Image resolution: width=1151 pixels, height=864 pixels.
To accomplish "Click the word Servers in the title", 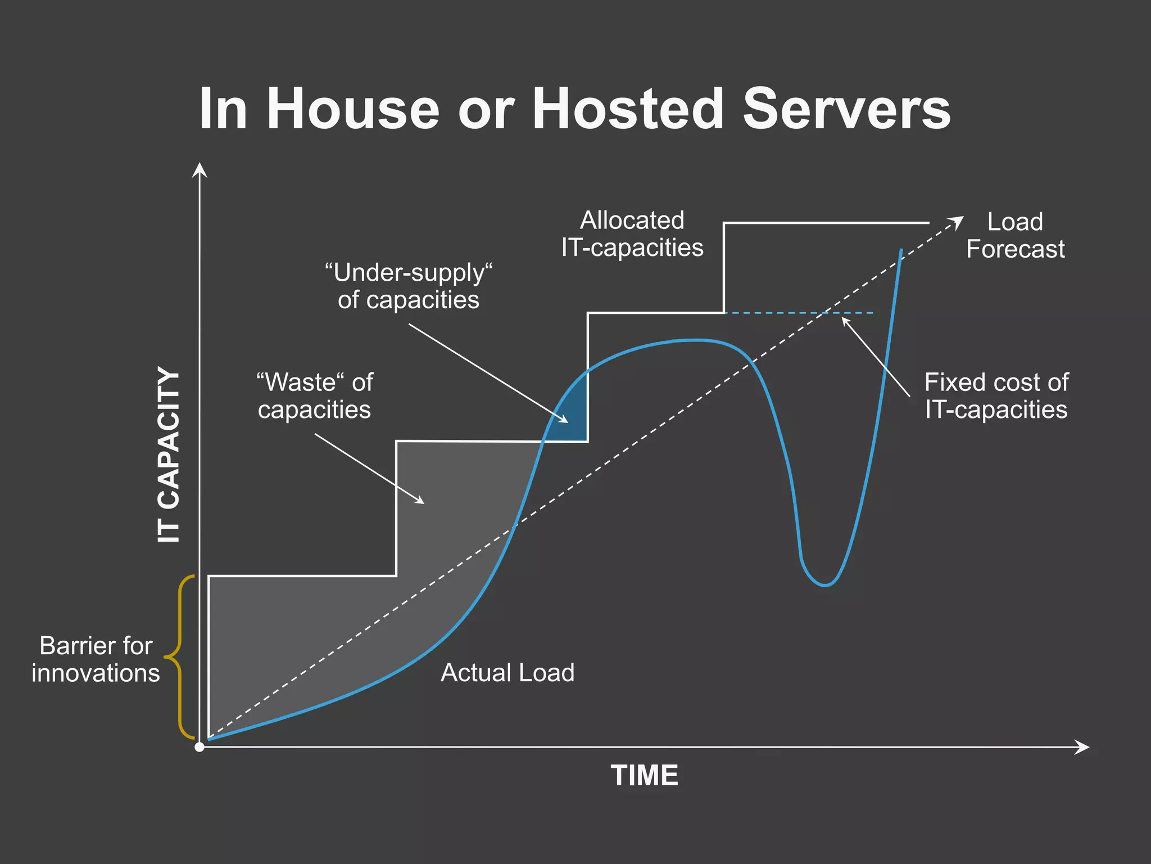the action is (846, 109).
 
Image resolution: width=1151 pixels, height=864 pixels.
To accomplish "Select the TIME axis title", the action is (645, 775).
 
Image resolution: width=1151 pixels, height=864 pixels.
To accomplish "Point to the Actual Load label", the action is (507, 673).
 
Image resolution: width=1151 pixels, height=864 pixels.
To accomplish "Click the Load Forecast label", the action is (1015, 235).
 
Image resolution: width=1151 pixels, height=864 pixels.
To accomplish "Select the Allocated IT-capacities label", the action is (632, 234).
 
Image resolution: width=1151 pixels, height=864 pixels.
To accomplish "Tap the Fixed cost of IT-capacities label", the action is (996, 396).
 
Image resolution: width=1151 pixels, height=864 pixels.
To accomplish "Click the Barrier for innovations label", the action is (96, 659).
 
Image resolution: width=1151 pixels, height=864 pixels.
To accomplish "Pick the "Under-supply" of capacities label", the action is (409, 286).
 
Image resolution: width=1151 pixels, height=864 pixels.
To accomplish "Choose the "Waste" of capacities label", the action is (315, 396).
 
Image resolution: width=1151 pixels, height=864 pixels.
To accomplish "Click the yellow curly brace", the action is (180, 656).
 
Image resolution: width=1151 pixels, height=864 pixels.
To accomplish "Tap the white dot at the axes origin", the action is (200, 747).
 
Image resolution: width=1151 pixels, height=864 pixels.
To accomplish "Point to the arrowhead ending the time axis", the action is (1083, 747).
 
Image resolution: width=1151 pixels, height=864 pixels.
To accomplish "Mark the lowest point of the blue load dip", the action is (825, 586).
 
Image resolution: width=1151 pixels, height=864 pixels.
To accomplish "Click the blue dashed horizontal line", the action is (798, 313).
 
